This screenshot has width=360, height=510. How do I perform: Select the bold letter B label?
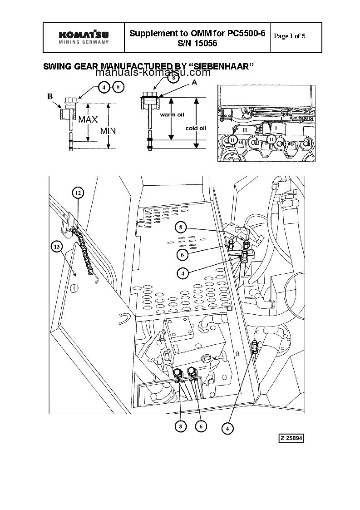point(50,96)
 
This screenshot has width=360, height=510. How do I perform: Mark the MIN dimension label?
point(108,131)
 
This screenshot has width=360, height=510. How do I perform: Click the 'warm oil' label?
point(171,115)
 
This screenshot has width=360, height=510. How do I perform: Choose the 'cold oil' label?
point(196,128)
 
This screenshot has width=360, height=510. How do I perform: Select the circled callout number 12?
point(78,193)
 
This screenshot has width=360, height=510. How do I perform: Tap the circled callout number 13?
point(57,247)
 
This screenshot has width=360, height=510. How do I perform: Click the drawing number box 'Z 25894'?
point(291,438)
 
